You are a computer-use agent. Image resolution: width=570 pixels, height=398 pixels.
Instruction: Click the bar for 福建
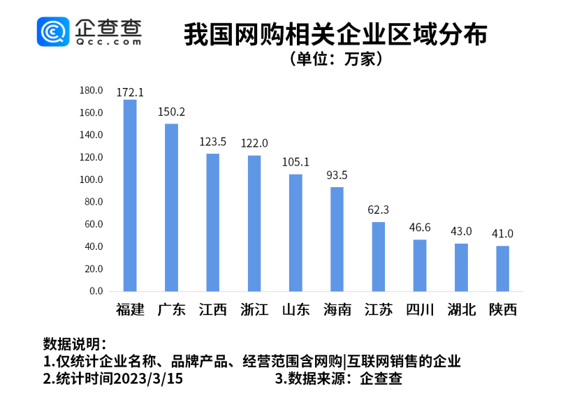(x=130, y=196)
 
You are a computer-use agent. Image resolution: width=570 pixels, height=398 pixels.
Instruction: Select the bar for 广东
(x=171, y=207)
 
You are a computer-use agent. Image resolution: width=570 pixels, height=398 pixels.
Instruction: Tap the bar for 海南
(x=337, y=239)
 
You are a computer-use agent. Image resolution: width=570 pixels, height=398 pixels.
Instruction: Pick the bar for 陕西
(x=503, y=268)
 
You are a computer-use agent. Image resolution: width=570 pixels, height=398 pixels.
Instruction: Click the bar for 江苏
(x=379, y=256)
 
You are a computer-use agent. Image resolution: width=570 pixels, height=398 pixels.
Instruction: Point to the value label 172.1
(x=130, y=92)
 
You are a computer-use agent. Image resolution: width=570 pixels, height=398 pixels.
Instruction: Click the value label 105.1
(x=295, y=162)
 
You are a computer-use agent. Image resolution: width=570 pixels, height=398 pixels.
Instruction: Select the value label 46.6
(x=420, y=228)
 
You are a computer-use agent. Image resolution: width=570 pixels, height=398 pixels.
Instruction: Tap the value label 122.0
(x=254, y=143)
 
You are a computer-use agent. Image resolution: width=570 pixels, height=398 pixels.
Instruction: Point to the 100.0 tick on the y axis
(x=92, y=179)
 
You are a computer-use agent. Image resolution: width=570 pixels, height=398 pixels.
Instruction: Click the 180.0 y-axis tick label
(x=92, y=90)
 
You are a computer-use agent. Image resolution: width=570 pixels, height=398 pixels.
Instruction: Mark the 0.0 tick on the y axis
(x=96, y=291)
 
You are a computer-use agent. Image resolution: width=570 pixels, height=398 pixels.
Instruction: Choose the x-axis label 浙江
(x=254, y=309)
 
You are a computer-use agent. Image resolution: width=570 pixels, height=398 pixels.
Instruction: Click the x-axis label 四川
(x=420, y=309)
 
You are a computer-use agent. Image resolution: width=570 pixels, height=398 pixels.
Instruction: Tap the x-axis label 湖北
(x=462, y=309)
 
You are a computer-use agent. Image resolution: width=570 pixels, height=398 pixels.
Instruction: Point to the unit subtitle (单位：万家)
(x=335, y=59)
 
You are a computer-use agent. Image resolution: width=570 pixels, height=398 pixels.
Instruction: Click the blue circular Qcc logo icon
(x=54, y=31)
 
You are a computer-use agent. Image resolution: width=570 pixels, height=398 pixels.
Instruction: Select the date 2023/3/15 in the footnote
(x=153, y=379)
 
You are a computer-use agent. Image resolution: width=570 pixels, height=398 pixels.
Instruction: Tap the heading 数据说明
(x=74, y=344)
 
